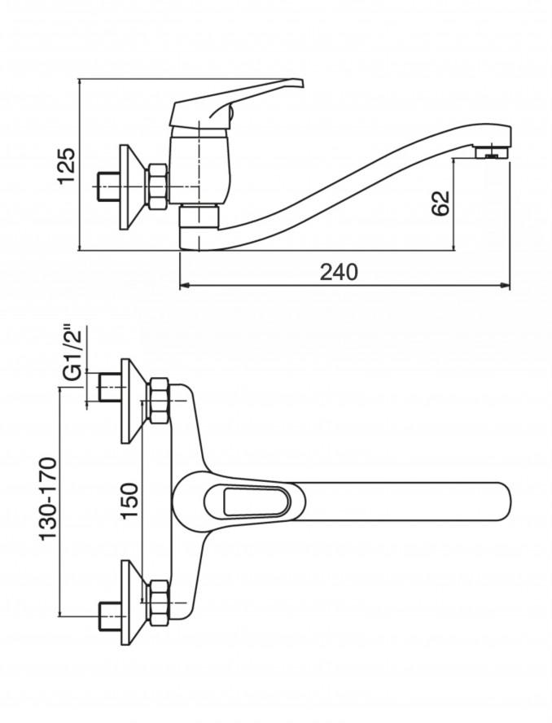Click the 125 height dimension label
click(66, 166)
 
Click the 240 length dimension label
click(339, 273)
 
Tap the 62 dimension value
click(440, 203)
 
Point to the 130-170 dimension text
click(48, 498)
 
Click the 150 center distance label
click(129, 501)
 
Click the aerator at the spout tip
click(492, 152)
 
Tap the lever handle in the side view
click(237, 103)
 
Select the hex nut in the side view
click(157, 187)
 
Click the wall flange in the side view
click(133, 187)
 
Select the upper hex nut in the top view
click(158, 401)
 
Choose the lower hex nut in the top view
click(158, 602)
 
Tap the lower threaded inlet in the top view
click(110, 616)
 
